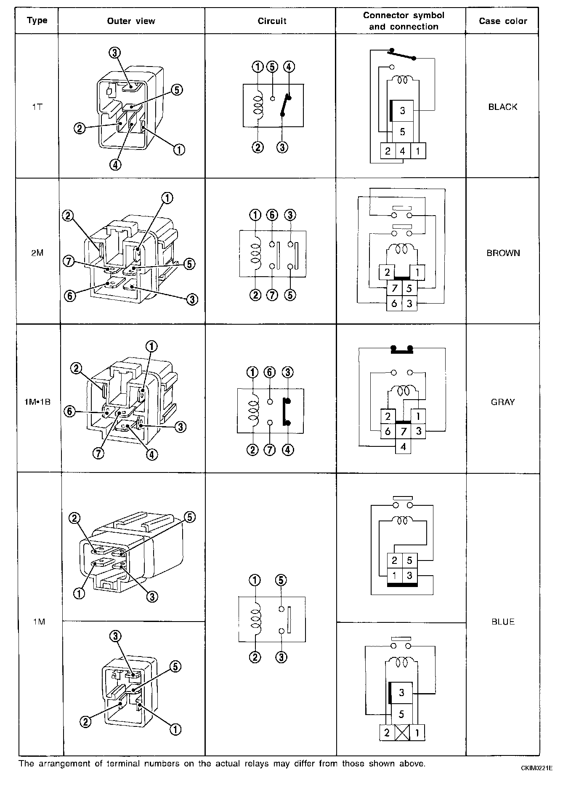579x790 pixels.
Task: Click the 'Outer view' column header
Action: tap(131, 21)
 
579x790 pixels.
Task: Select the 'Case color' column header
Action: tap(503, 21)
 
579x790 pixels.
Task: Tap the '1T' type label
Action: tap(37, 107)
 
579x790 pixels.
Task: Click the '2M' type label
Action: tap(37, 253)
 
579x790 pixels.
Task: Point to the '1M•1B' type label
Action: tap(37, 402)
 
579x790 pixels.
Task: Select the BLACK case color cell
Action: tap(503, 107)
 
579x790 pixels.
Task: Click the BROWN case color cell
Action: tap(503, 253)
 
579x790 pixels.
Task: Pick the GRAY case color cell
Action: tap(503, 402)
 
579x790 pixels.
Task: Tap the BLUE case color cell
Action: tap(503, 622)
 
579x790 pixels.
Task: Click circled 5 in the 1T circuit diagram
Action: tap(273, 67)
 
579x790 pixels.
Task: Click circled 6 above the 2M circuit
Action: tap(272, 215)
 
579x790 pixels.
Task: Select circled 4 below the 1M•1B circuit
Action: tap(288, 450)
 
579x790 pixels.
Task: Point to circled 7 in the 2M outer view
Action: tap(68, 262)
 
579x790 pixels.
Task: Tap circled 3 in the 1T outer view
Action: tap(114, 53)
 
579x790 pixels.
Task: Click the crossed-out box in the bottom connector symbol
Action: tap(402, 733)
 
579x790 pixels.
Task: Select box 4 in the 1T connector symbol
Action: tap(402, 151)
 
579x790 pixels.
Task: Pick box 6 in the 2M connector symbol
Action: tap(394, 304)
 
